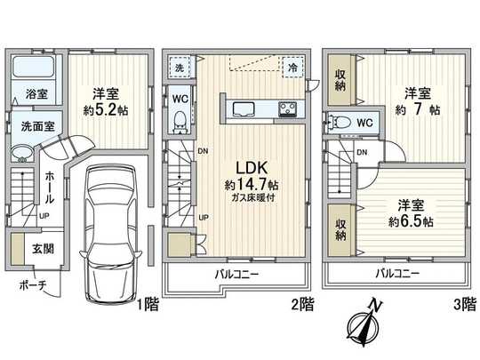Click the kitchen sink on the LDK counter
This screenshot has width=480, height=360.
coord(244,110)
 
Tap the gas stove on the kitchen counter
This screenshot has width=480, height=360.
coord(289,110)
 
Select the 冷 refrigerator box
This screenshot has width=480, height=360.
coord(292,66)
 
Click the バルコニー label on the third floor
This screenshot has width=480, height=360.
coord(397,273)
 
